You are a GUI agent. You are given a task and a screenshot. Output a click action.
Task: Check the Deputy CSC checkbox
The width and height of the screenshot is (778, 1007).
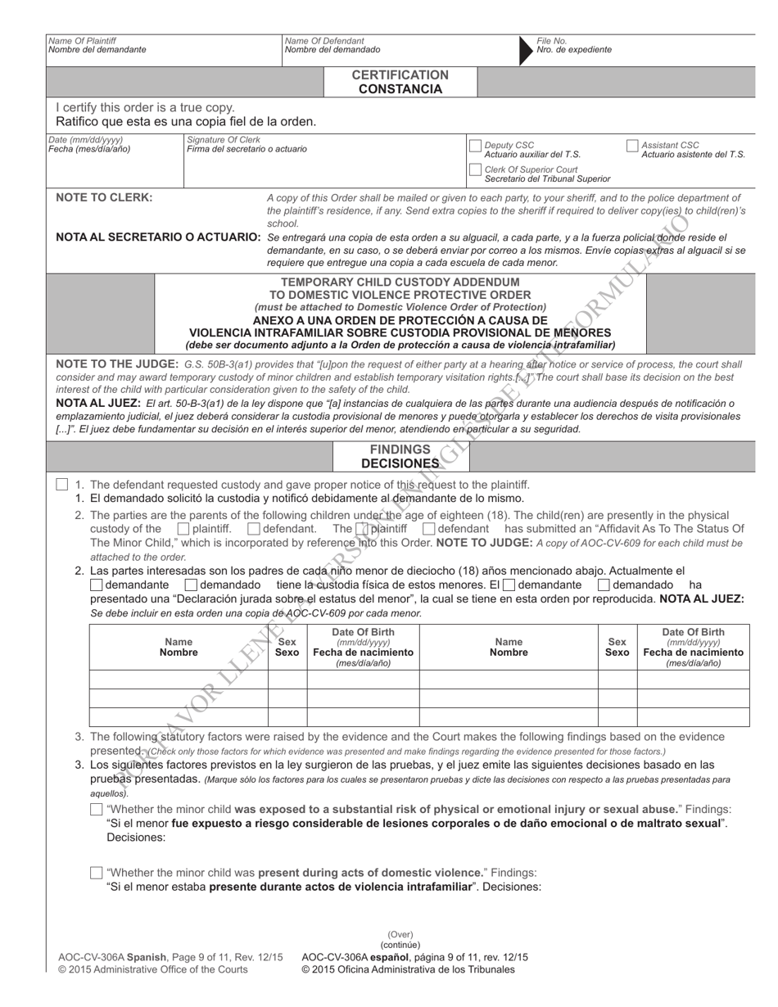click(475, 146)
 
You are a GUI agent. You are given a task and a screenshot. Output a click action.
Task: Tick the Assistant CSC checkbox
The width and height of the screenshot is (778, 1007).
click(631, 146)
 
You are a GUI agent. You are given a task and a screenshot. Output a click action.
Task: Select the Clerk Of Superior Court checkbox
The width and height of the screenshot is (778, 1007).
click(475, 170)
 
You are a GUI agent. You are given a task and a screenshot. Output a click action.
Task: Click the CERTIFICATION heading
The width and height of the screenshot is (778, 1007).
click(400, 75)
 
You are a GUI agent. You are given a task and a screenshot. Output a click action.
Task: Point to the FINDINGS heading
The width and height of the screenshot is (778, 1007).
click(400, 449)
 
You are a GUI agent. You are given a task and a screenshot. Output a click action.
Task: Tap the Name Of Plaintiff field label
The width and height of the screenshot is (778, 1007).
click(82, 40)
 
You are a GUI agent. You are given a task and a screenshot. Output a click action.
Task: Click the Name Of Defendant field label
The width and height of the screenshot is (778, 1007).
click(324, 40)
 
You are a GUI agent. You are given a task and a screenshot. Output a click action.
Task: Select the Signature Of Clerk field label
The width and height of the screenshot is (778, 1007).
click(224, 139)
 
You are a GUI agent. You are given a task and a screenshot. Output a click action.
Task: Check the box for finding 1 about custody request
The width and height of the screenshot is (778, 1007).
click(62, 485)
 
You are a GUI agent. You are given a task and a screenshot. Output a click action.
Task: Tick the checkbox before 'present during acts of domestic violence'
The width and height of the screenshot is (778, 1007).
click(97, 873)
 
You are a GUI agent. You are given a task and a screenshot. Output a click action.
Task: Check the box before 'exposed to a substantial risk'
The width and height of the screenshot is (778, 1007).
click(97, 810)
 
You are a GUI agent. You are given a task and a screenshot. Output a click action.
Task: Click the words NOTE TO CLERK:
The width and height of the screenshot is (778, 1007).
click(104, 197)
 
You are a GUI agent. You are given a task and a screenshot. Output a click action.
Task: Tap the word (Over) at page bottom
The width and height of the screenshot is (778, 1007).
click(400, 934)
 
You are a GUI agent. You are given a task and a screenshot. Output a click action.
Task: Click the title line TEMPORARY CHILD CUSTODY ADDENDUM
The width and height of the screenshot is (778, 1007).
click(400, 282)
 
